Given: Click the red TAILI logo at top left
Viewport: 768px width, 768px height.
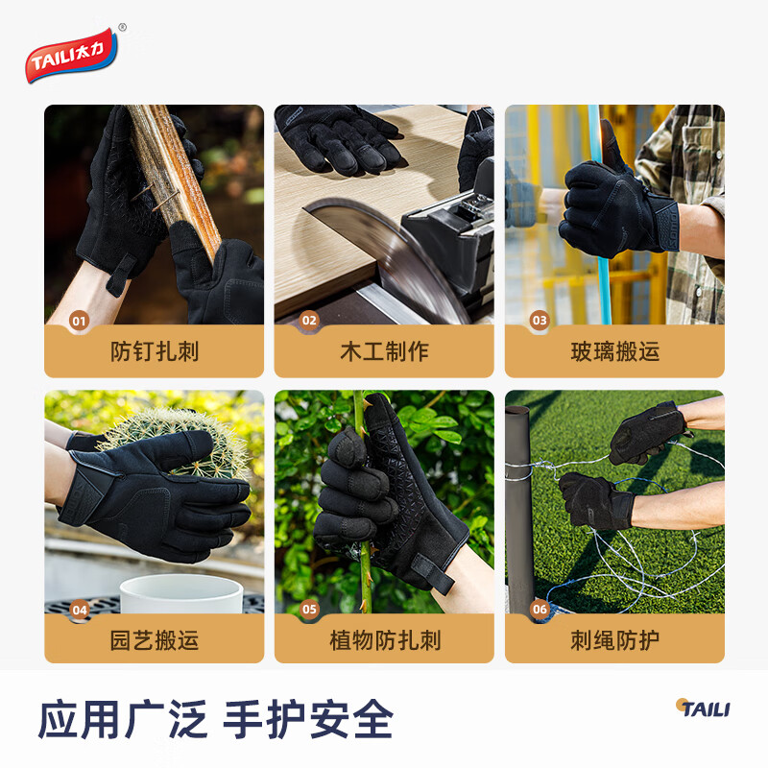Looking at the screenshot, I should point(75,53).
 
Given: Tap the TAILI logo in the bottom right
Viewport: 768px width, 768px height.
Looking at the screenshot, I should point(702,708).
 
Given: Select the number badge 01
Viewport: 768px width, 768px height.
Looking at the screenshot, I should point(79,321).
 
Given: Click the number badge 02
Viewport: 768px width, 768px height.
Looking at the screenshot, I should point(309,321).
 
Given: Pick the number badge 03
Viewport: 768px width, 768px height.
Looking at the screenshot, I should point(540,321).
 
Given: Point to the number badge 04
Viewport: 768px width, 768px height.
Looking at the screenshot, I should point(79,609).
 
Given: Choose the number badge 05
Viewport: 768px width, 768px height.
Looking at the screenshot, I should point(309,609).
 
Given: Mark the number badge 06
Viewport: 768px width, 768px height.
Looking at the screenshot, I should point(540,609).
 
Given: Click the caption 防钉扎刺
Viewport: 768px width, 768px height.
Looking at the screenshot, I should point(154,351).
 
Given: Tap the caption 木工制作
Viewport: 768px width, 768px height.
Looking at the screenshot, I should point(384,351).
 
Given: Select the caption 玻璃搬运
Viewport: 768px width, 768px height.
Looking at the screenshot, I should point(614,351).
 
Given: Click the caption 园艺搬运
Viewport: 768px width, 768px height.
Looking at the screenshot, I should point(154,640).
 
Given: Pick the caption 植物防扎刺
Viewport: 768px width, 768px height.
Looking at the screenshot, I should point(384,640).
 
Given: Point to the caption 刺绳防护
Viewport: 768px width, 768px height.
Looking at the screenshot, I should point(614,640).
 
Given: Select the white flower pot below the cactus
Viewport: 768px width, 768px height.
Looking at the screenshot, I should point(181,594).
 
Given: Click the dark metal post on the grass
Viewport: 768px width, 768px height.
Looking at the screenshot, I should point(519,509).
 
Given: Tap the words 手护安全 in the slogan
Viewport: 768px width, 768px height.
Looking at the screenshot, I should point(308,719).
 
